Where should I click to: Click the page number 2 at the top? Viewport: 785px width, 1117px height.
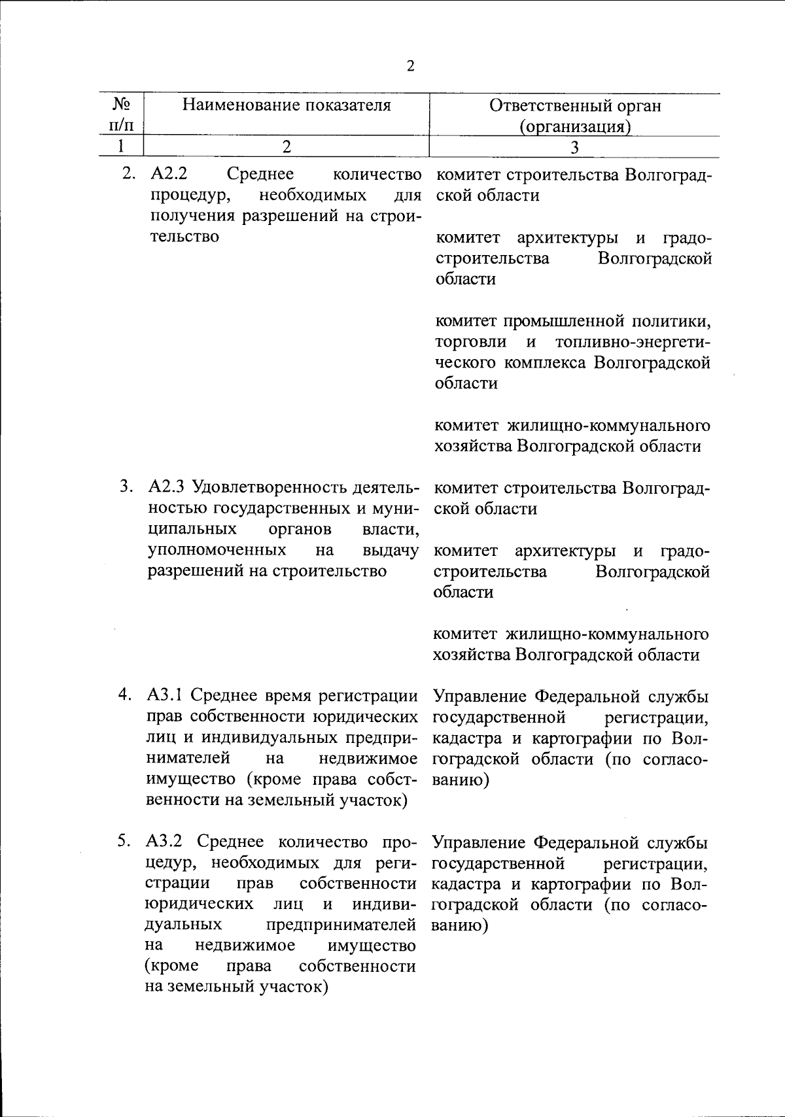(410, 66)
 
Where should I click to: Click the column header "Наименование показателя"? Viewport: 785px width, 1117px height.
(287, 105)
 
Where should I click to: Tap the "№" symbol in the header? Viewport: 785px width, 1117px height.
(119, 105)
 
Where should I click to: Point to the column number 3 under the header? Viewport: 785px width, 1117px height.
(574, 148)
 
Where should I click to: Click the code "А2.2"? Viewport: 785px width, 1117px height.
(169, 175)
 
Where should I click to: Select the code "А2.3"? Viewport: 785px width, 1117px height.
(166, 487)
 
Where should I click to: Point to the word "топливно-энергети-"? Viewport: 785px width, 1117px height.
(633, 342)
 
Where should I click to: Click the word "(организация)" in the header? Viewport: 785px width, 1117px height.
(575, 127)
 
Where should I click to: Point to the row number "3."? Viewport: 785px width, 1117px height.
(126, 487)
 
